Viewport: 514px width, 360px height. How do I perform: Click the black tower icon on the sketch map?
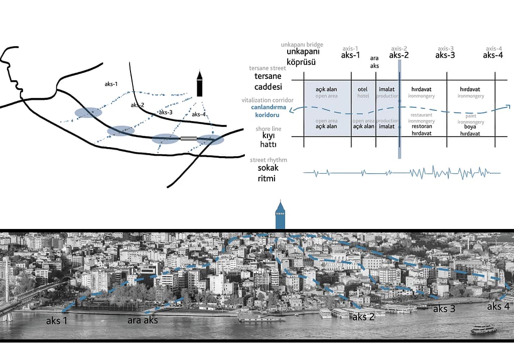pos(199,84)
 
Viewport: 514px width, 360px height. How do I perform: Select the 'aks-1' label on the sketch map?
pos(111,84)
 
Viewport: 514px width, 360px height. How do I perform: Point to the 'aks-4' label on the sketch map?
pos(199,114)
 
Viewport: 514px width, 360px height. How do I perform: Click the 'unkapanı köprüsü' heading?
pos(301,57)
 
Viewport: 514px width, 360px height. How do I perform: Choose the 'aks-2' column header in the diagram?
pos(399,55)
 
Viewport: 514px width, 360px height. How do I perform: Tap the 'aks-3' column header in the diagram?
pos(445,55)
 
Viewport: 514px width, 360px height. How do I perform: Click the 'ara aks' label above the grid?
pos(374,62)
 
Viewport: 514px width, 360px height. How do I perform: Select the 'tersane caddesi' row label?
pos(268,81)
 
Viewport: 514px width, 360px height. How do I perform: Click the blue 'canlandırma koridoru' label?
pos(269,111)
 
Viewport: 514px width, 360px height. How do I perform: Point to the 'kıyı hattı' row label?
pos(269,140)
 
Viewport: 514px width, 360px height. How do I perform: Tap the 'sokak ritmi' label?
pos(268,173)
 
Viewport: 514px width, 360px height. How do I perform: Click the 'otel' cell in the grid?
pos(362,89)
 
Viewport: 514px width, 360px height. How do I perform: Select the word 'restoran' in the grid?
pos(422,126)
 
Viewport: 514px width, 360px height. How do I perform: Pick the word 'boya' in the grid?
pos(470,127)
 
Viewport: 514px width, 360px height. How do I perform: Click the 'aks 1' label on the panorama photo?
pos(57,320)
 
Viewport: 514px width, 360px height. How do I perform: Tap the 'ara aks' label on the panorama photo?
pos(143,320)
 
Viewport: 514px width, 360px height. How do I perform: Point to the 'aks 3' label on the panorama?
pos(444,308)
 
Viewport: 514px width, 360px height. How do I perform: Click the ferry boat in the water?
pos(483,329)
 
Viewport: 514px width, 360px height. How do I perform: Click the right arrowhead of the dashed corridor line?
pos(508,106)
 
